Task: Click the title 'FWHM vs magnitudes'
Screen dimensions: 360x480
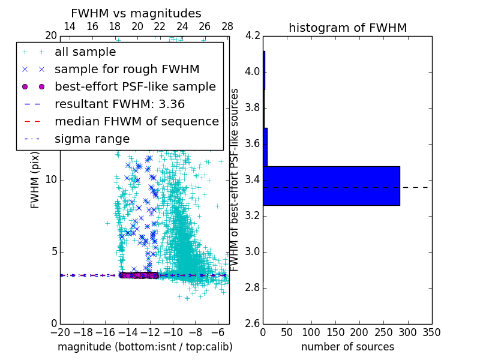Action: (x=136, y=13)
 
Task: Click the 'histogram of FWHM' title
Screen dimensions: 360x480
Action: (x=347, y=28)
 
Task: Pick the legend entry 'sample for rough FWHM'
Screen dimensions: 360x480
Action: (x=127, y=69)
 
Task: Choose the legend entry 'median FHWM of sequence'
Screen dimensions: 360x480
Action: (x=136, y=121)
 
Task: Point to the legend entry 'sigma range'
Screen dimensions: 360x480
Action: (x=92, y=139)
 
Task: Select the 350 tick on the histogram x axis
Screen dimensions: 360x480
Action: (x=432, y=332)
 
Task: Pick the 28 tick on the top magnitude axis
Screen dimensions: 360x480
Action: (x=227, y=26)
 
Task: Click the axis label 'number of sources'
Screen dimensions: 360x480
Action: (x=347, y=347)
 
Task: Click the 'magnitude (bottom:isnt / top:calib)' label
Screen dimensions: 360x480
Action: (x=145, y=347)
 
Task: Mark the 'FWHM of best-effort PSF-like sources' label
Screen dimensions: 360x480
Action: (x=235, y=179)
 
